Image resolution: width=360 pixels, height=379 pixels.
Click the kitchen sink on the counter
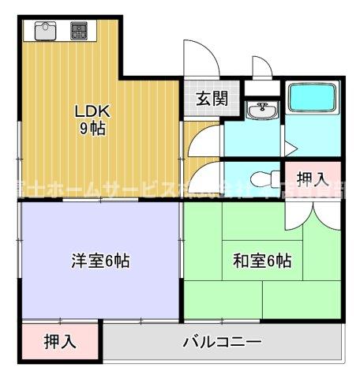click(x=45, y=31)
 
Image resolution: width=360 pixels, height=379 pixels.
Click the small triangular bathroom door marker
click(x=291, y=147)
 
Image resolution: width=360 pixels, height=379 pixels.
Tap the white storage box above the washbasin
click(x=257, y=88)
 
